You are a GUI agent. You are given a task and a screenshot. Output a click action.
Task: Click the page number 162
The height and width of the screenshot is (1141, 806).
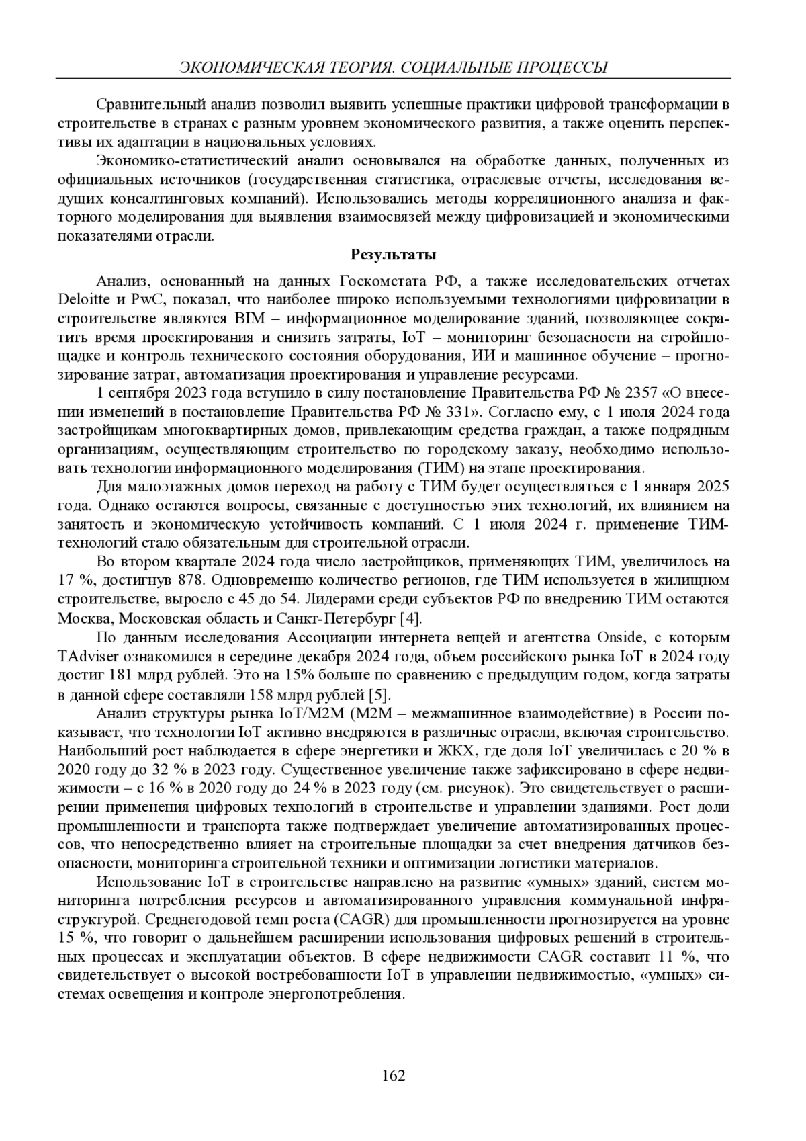click(394, 1075)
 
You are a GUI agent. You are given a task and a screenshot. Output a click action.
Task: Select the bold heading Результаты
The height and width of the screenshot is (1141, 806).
click(394, 255)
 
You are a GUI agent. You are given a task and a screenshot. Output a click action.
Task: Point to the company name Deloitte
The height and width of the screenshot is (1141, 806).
click(83, 299)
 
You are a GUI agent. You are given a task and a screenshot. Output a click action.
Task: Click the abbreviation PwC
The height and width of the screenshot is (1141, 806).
click(141, 299)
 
